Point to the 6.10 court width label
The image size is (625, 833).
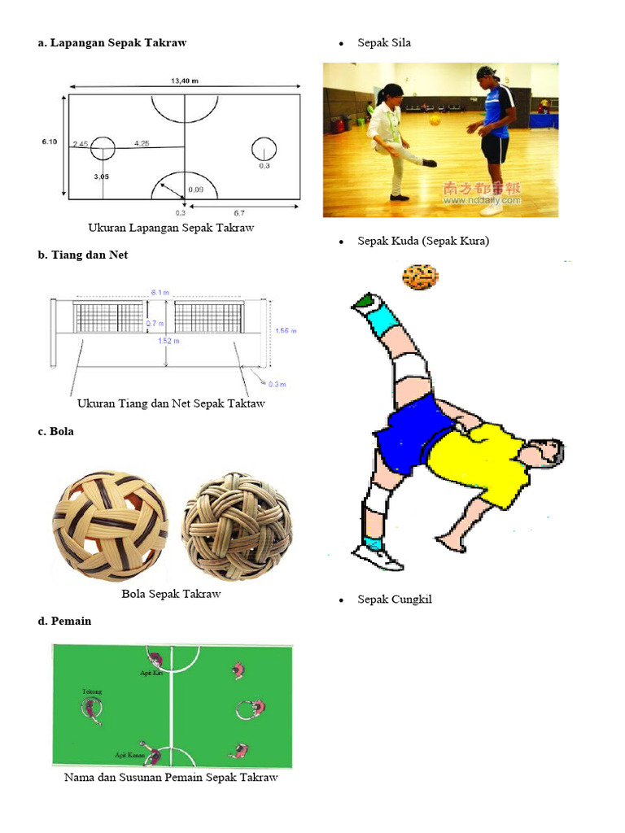tap(50, 142)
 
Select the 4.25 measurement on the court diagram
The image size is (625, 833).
tap(142, 143)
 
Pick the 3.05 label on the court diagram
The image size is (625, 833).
tap(102, 176)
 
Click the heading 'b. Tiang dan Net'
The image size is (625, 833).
tap(82, 255)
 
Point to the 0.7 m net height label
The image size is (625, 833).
tap(156, 323)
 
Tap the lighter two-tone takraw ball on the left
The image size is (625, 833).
tap(111, 527)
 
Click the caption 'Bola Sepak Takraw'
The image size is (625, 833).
tap(171, 594)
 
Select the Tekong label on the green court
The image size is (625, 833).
tap(92, 691)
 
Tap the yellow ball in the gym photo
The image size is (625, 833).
tap(435, 120)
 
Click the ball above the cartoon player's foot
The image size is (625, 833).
tap(420, 277)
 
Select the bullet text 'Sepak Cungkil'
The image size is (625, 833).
tap(395, 600)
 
